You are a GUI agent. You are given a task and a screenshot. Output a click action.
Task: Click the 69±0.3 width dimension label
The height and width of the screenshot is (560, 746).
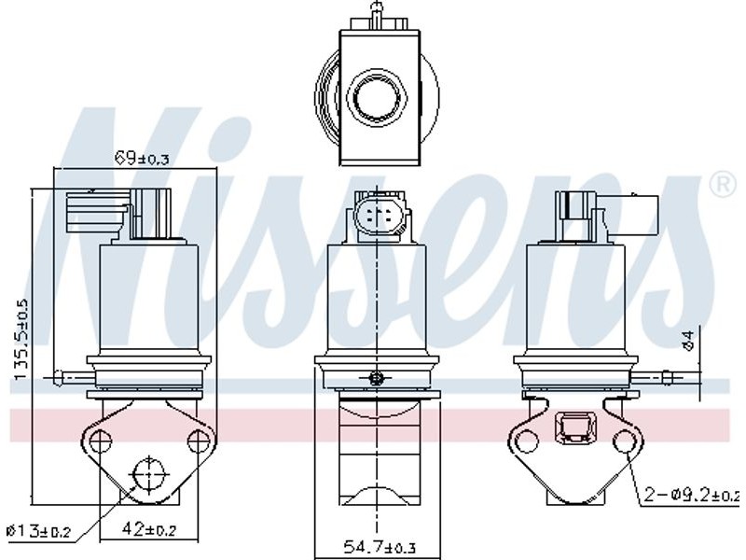(x=143, y=157)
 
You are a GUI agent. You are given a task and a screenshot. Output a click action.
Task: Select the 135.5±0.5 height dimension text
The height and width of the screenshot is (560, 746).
(x=21, y=340)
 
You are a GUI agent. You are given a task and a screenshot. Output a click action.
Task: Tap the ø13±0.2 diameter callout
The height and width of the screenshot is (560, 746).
(x=39, y=530)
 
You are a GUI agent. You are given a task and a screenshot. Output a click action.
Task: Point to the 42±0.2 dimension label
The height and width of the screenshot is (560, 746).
(x=149, y=528)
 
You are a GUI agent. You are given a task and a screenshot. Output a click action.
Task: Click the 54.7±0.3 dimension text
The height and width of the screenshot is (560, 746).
(x=379, y=546)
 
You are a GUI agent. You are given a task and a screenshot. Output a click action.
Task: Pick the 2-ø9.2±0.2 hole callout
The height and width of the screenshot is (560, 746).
(x=693, y=496)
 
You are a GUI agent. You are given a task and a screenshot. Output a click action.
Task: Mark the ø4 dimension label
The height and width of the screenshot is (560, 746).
(x=688, y=341)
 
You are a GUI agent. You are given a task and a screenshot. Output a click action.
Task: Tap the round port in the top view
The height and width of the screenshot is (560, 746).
(x=378, y=98)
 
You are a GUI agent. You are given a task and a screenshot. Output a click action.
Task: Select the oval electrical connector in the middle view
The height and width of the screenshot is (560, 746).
(x=378, y=217)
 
